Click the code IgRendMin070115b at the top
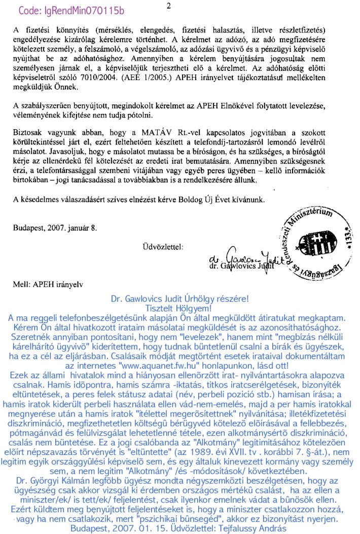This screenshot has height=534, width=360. (71, 10)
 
